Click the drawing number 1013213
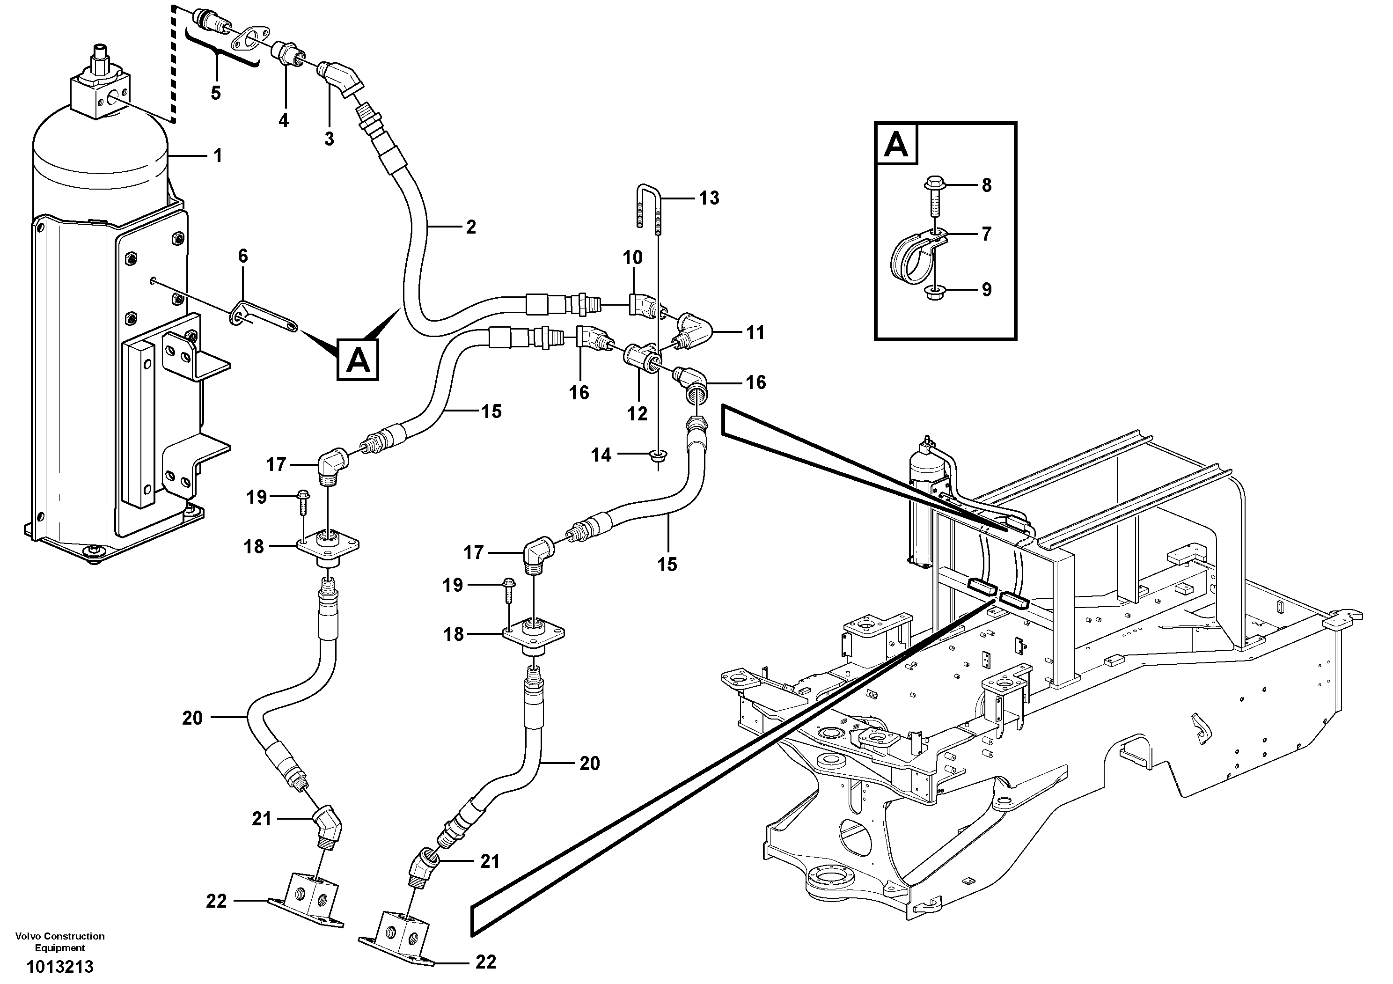pyautogui.click(x=59, y=966)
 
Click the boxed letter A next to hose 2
pyautogui.click(x=358, y=360)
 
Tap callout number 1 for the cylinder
pyautogui.click(x=217, y=156)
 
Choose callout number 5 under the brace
pyautogui.click(x=215, y=93)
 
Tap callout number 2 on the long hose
pyautogui.click(x=470, y=227)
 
